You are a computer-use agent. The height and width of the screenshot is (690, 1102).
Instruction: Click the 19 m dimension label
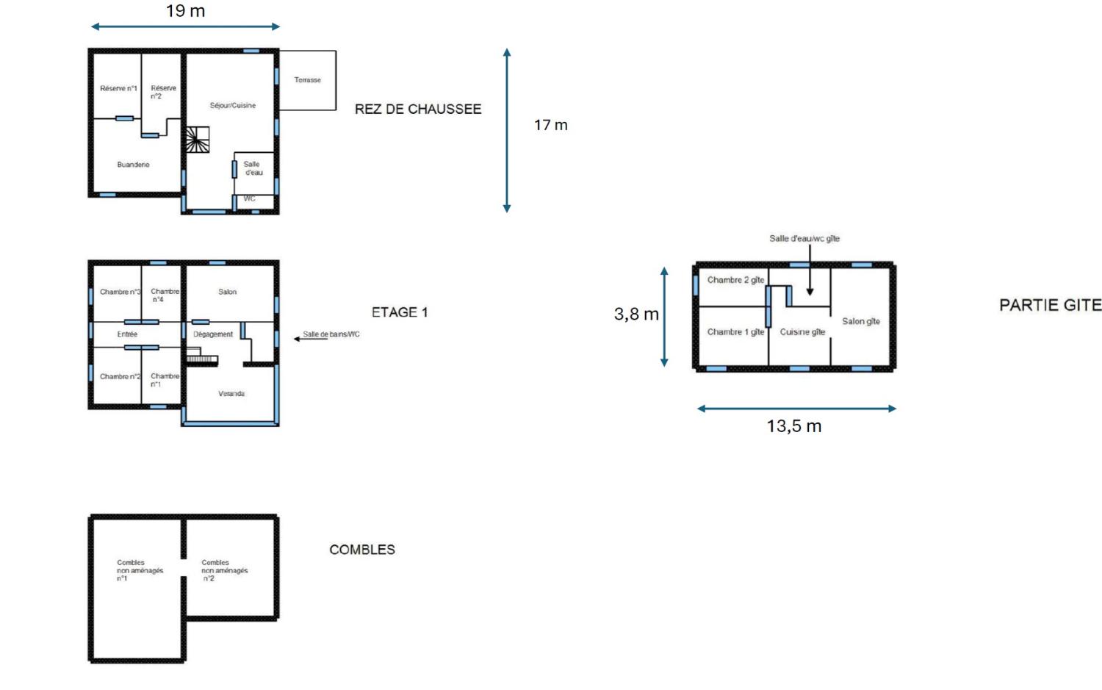coord(185,11)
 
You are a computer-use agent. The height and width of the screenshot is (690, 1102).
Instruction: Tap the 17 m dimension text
coord(550,125)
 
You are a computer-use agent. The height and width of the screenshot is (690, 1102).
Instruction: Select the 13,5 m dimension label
coord(793,426)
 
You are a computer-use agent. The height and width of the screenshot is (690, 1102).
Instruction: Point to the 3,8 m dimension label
coord(636,315)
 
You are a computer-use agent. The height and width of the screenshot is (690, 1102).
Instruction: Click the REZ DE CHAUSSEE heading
coord(418,109)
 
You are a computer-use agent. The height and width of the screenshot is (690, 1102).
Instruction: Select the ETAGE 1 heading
coord(399,312)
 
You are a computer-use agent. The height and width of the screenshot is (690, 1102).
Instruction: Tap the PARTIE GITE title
coord(1050,305)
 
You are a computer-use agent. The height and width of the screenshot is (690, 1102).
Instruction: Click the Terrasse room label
coord(307,80)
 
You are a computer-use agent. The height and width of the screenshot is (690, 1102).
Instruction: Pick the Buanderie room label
coord(133,165)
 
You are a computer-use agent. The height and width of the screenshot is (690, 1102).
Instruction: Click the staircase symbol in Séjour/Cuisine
coord(197,140)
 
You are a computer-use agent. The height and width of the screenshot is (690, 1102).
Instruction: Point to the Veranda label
coord(231,394)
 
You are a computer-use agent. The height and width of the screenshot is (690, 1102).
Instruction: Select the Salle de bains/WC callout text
coord(331,334)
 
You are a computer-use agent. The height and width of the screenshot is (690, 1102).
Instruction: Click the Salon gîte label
coord(860,321)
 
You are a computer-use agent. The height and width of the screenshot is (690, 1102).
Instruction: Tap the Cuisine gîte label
coord(802,332)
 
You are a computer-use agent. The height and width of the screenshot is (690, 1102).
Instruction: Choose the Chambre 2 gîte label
coord(735,280)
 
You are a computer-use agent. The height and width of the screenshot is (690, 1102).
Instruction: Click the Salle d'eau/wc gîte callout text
coord(804,238)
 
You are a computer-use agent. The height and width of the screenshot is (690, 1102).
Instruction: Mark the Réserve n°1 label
coord(118,89)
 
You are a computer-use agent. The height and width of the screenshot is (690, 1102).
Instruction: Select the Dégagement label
coord(213,334)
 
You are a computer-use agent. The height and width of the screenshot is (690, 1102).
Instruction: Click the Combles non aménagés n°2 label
coord(224,570)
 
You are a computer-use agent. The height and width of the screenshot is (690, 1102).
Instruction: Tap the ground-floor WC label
coord(250,198)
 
